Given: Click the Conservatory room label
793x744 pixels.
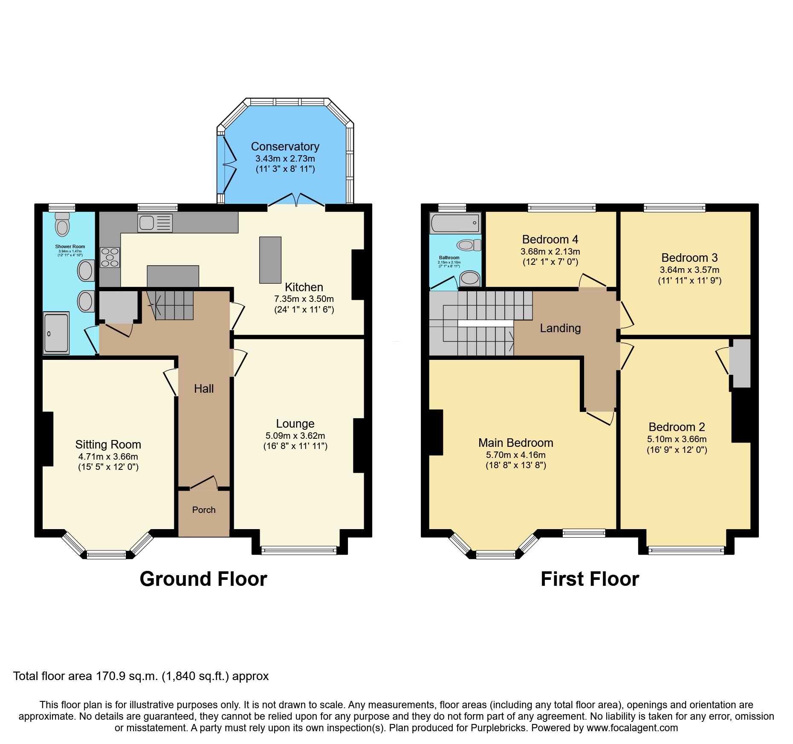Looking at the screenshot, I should tap(285, 146).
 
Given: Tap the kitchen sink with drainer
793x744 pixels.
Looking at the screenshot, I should tap(155, 223).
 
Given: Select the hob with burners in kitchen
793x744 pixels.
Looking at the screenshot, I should tap(110, 258).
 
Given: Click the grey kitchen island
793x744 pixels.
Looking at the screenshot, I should tap(270, 260).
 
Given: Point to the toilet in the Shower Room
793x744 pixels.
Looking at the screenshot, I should tap(62, 225).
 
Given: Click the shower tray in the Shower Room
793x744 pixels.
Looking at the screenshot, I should tap(56, 333).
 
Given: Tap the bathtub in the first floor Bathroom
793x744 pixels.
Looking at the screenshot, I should tap(455, 223).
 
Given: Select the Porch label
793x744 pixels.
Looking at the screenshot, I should tap(204, 510).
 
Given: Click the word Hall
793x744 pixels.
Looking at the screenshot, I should tap(204, 388).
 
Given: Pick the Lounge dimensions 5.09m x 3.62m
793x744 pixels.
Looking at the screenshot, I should tap(295, 436).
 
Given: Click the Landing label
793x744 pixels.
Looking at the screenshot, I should tap(560, 328).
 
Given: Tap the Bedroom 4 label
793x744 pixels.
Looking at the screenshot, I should tap(550, 239).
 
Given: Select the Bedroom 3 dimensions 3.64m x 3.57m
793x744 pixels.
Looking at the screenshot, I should tap(689, 270).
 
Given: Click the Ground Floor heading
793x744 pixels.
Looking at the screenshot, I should tap(203, 579).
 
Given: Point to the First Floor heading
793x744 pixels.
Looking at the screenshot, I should tap(590, 579).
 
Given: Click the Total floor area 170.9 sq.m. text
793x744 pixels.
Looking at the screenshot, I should tap(141, 676).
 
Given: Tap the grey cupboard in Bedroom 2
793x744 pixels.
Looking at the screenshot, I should tap(741, 363).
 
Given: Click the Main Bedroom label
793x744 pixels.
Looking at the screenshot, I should tap(515, 443).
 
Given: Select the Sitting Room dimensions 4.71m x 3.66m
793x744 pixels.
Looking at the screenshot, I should tap(108, 456).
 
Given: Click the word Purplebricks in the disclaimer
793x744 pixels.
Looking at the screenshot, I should tap(498, 728).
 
